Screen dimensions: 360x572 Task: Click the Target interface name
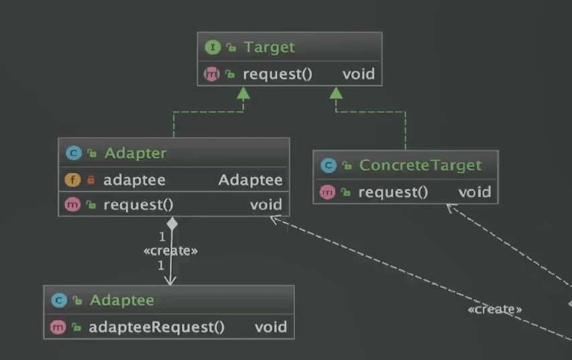tap(269, 48)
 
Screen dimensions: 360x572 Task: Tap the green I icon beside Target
tap(213, 48)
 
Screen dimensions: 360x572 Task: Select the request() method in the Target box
tap(278, 74)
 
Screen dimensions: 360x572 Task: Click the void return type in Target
tap(358, 74)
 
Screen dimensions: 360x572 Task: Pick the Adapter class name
tap(135, 154)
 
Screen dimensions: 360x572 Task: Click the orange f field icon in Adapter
tap(72, 180)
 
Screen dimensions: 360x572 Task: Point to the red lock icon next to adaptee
tap(91, 180)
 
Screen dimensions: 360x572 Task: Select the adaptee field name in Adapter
tap(134, 180)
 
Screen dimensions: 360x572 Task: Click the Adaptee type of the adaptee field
tap(250, 180)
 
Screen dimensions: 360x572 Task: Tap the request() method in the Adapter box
tap(138, 204)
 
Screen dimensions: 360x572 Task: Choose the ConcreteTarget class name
tap(420, 166)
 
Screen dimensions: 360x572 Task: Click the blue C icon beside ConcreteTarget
tap(328, 166)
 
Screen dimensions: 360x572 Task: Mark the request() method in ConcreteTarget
tap(393, 192)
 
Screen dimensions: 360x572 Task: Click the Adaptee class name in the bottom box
tap(121, 300)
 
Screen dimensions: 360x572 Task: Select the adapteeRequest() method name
tap(157, 327)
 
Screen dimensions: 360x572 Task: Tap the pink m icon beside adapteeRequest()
tap(58, 327)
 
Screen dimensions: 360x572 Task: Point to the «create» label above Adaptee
tap(171, 251)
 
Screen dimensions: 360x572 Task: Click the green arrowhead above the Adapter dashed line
tap(243, 93)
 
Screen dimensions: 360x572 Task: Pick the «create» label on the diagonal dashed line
tap(495, 309)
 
